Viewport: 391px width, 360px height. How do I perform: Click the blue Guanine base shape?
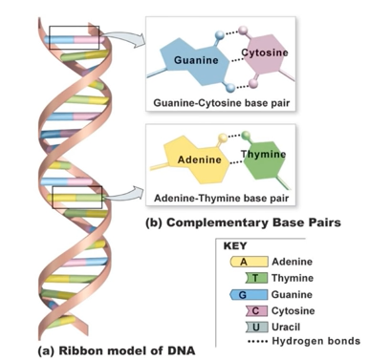coord(188,61)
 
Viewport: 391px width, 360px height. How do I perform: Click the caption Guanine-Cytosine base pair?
coord(222,101)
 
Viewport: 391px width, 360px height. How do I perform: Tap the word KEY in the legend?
coord(235,244)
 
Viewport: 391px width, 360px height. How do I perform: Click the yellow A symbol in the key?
coord(244,261)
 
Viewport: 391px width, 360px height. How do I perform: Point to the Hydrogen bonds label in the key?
coord(315,341)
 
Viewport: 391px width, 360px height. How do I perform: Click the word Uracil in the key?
coord(290,327)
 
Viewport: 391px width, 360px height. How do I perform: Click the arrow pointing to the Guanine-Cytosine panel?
coord(119,38)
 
